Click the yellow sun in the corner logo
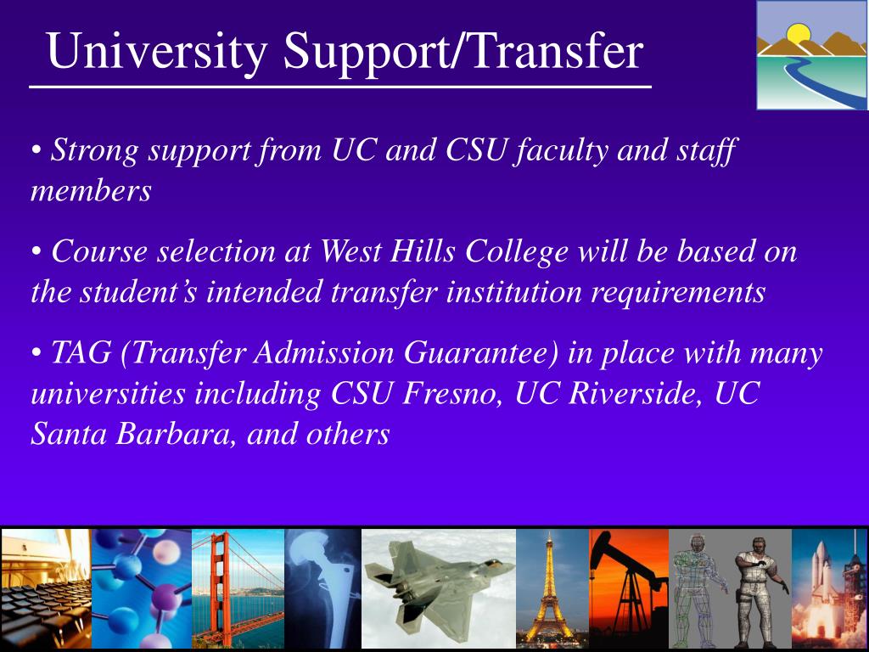pyautogui.click(x=798, y=36)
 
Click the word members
pyautogui.click(x=91, y=191)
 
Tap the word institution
pyautogui.click(x=513, y=292)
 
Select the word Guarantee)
pyautogui.click(x=481, y=352)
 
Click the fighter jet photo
pyautogui.click(x=439, y=588)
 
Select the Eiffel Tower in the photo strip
pyautogui.click(x=548, y=588)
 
